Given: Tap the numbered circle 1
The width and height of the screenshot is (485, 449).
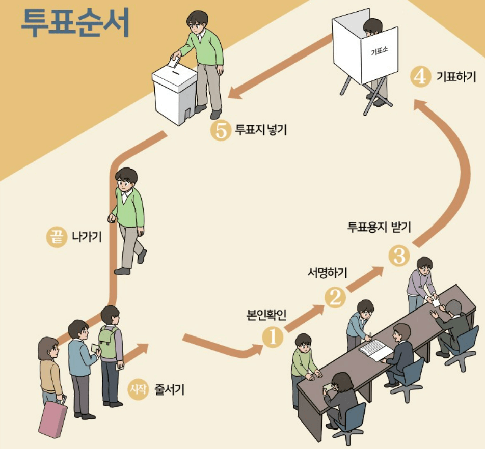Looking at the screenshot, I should pyautogui.click(x=273, y=336).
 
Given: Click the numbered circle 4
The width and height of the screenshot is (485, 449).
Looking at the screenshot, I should pyautogui.click(x=420, y=77).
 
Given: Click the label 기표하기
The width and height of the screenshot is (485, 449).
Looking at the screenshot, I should pyautogui.click(x=456, y=77).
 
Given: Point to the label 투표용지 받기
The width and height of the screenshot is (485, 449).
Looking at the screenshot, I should pyautogui.click(x=379, y=227).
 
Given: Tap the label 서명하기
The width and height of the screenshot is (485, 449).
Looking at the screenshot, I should pyautogui.click(x=328, y=273).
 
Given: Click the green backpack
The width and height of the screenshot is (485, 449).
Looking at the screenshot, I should pyautogui.click(x=108, y=342).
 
